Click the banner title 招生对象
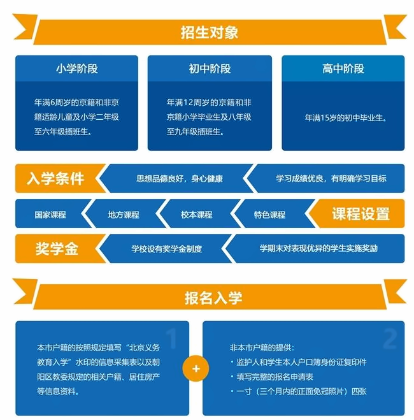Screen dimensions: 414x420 [x=210, y=33]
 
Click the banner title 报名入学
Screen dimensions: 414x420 [x=213, y=298]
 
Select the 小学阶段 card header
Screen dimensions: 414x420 [x=77, y=69]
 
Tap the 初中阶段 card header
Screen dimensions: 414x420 [x=210, y=69]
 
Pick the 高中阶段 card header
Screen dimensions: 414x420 [x=343, y=69]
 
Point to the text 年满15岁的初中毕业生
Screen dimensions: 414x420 [x=345, y=118]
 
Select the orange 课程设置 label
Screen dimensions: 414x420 [x=357, y=214]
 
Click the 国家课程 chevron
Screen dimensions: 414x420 [x=51, y=214]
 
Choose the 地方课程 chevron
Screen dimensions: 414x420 [x=124, y=214]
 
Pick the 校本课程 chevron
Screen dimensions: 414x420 [x=197, y=214]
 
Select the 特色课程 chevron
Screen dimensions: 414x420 [x=270, y=214]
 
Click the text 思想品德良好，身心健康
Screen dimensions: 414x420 [x=180, y=178]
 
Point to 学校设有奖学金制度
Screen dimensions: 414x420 [x=166, y=249]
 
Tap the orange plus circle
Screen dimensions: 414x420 [x=196, y=368]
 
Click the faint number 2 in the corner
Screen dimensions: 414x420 [x=390, y=338]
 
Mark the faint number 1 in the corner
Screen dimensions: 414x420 [x=172, y=338]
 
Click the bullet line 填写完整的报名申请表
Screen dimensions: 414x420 [x=275, y=377]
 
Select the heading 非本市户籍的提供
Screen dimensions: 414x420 [x=262, y=348]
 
